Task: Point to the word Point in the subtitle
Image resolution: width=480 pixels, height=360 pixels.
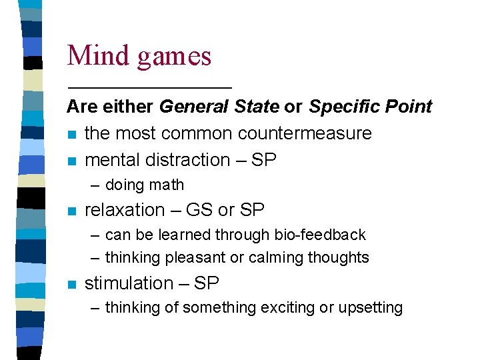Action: click(x=409, y=107)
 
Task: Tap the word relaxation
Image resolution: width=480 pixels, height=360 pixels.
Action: click(x=125, y=210)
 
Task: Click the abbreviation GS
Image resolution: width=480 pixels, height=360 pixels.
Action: click(x=200, y=210)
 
